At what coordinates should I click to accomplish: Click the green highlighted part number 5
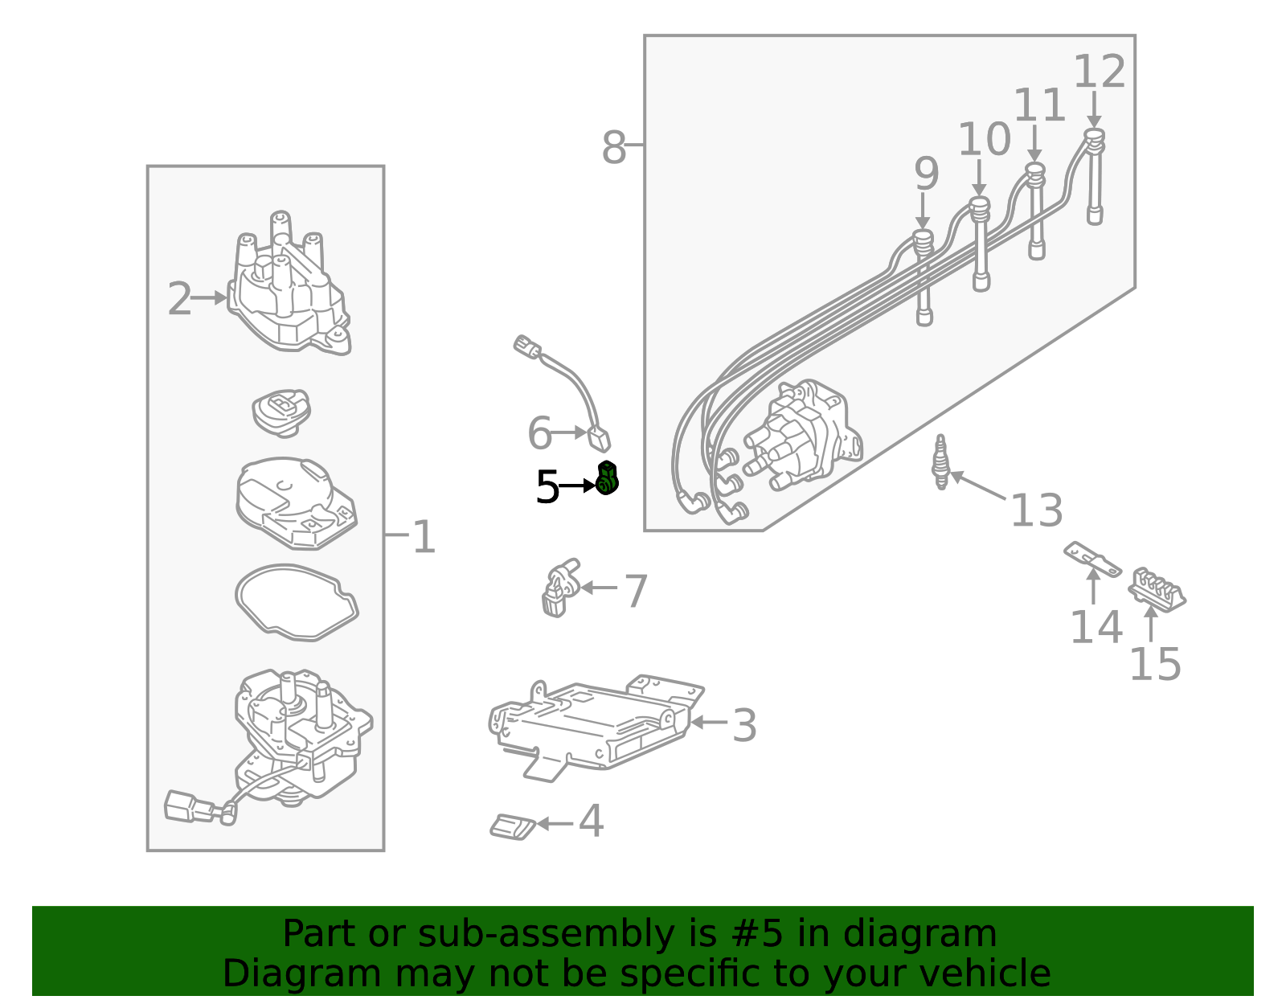click(607, 478)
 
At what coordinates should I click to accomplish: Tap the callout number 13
click(1037, 510)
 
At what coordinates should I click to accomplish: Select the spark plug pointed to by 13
click(940, 462)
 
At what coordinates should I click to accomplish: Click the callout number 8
click(614, 148)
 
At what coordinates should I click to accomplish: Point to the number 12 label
click(1099, 72)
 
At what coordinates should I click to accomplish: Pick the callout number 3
click(744, 726)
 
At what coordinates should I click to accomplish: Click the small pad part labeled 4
click(513, 826)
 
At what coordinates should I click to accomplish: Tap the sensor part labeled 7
click(559, 588)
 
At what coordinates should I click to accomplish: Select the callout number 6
click(539, 433)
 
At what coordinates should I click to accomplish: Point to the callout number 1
click(424, 537)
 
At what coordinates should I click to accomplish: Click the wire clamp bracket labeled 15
click(1157, 590)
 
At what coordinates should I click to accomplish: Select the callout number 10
click(984, 140)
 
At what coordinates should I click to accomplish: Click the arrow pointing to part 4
click(555, 824)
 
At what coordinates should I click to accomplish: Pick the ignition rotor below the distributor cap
click(281, 412)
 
